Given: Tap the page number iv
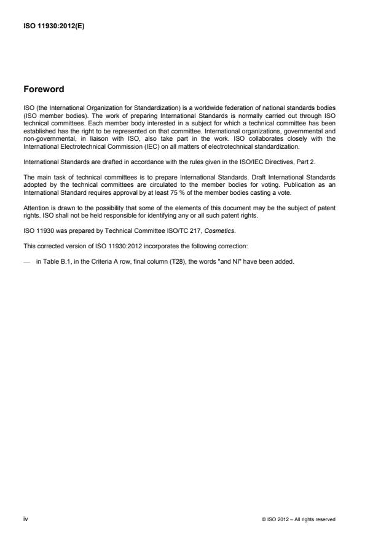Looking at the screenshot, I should (26, 519).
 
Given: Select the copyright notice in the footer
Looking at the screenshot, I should (299, 520).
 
